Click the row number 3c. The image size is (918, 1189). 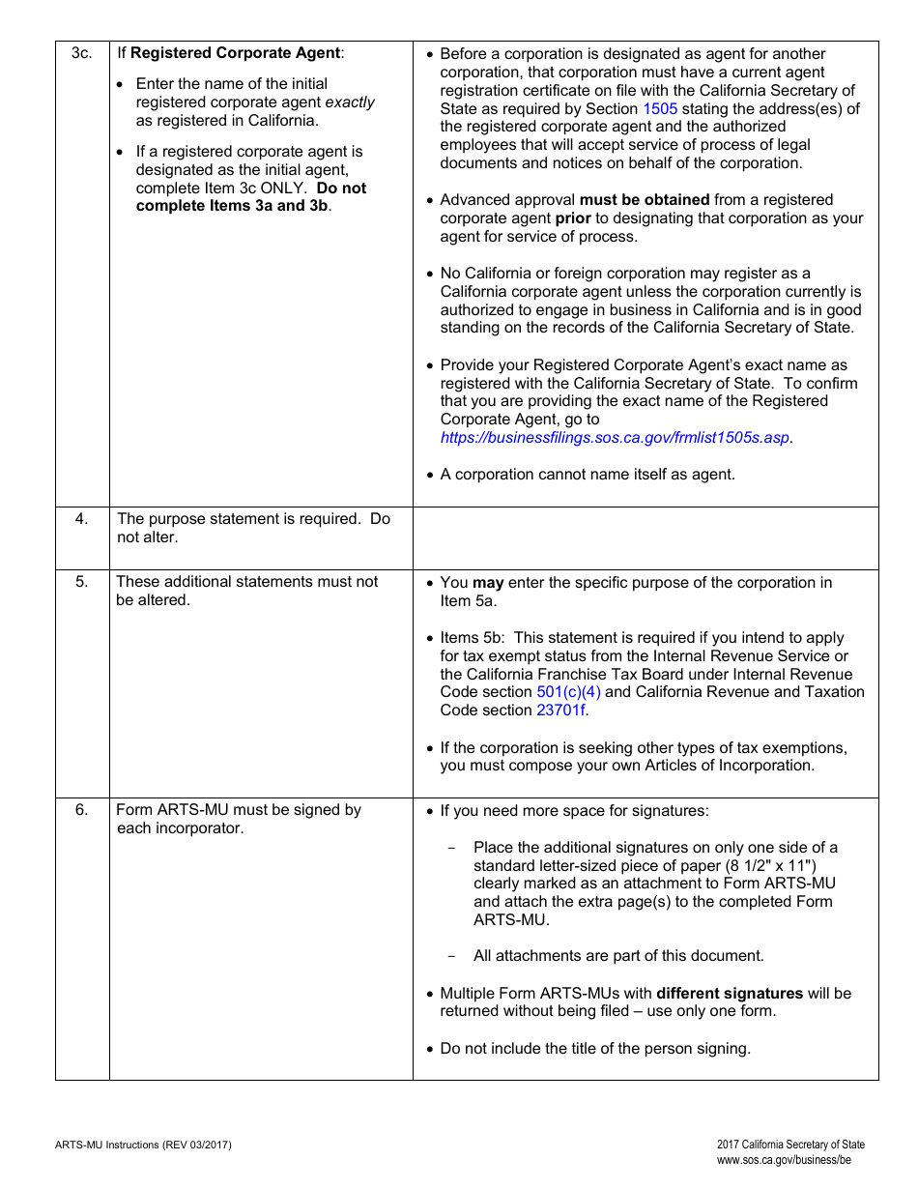point(82,53)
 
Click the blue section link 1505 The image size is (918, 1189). point(660,108)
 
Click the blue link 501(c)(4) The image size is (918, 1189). point(568,692)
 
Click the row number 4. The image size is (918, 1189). point(82,519)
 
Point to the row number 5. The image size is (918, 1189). point(82,582)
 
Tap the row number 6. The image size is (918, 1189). point(82,810)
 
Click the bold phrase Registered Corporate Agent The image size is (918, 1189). point(235,53)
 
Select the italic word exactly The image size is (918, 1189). point(350,102)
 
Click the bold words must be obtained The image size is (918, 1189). point(644,200)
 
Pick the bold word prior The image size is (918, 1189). point(573,218)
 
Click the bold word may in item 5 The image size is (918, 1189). point(488,583)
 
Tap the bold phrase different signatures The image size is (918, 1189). point(730,993)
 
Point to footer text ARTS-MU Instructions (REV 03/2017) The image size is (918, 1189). point(143,1145)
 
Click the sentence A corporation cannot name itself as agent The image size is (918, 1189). point(588,474)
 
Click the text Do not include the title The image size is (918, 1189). point(594,1048)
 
